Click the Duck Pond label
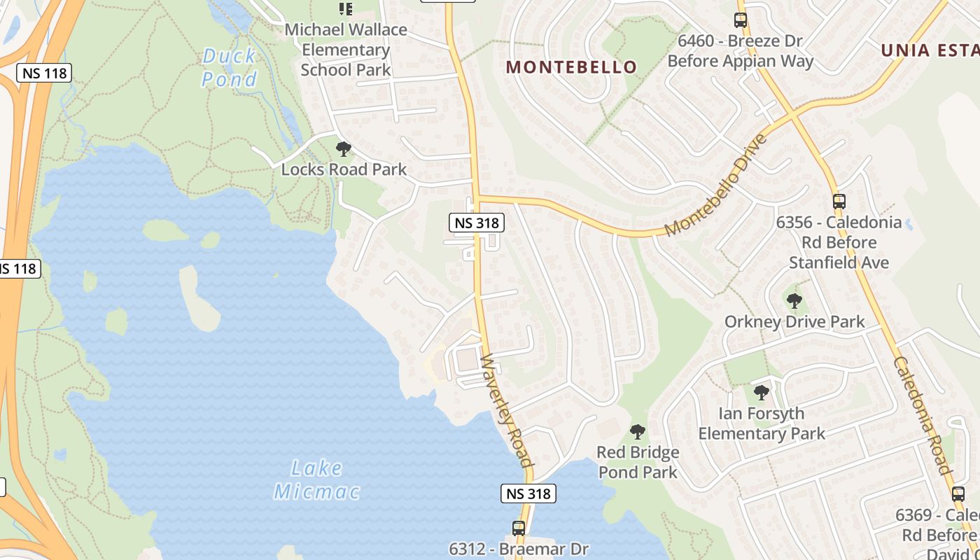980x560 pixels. pyautogui.click(x=229, y=67)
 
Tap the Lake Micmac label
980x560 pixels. pyautogui.click(x=317, y=479)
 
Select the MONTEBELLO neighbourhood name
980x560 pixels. pyautogui.click(x=571, y=67)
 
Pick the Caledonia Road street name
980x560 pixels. pyautogui.click(x=922, y=415)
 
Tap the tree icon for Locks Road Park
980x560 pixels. pyautogui.click(x=343, y=148)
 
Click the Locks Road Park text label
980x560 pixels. pyautogui.click(x=344, y=169)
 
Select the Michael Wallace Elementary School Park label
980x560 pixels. pyautogui.click(x=346, y=50)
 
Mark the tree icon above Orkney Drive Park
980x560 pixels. pyautogui.click(x=794, y=301)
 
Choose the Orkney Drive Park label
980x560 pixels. pyautogui.click(x=794, y=322)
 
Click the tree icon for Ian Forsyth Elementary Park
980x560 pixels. pyautogui.click(x=762, y=392)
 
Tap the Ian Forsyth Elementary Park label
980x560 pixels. pyautogui.click(x=762, y=423)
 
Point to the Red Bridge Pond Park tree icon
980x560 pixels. pyautogui.click(x=637, y=431)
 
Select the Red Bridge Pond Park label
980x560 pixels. pyautogui.click(x=638, y=462)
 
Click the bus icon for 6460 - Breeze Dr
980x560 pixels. pyautogui.click(x=741, y=20)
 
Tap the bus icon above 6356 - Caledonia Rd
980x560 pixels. pyautogui.click(x=839, y=202)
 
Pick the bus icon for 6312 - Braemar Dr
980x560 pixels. pyautogui.click(x=518, y=528)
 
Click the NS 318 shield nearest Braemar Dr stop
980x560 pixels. pyautogui.click(x=529, y=493)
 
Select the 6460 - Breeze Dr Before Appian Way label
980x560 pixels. pyautogui.click(x=741, y=51)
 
